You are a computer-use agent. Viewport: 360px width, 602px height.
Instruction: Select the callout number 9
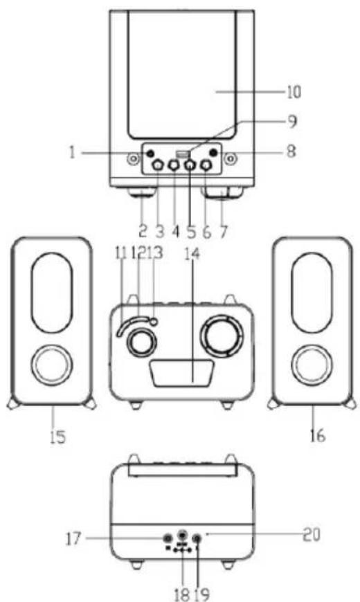(292, 122)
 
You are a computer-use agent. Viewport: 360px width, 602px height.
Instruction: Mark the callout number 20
(312, 533)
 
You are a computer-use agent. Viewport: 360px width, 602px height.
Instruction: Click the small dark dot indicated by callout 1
(150, 153)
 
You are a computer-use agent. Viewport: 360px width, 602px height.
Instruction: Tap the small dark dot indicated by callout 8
(215, 153)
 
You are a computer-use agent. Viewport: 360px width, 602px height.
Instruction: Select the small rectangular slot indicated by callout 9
(182, 153)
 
